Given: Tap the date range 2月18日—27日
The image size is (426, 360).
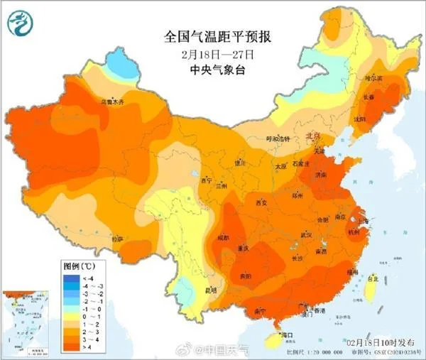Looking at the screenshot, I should (x=213, y=53).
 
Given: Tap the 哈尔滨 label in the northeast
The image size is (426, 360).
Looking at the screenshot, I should (x=374, y=75).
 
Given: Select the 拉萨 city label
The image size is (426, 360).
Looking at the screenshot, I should (x=116, y=239).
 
